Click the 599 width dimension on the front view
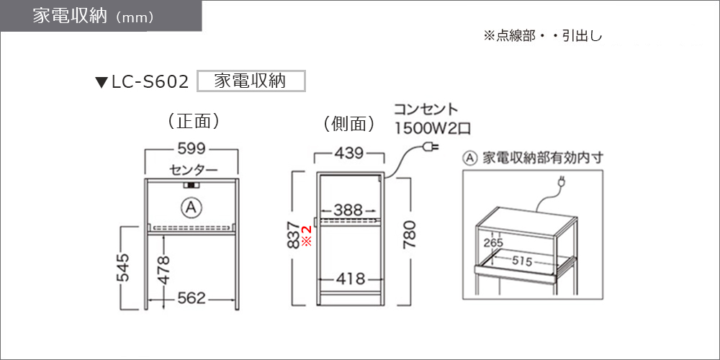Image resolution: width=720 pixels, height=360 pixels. (192, 150)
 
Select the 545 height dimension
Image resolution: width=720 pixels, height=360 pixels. (123, 268)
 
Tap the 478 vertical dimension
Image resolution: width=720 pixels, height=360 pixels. (164, 269)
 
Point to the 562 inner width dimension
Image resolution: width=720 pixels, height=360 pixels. (192, 299)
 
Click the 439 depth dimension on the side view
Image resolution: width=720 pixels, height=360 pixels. (348, 153)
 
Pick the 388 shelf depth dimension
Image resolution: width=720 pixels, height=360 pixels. (348, 211)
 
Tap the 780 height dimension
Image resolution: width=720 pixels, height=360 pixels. (410, 234)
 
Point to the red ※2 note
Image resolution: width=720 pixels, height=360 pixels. (306, 235)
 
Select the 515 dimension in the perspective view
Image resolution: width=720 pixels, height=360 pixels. (522, 262)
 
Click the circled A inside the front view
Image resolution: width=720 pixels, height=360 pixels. (192, 209)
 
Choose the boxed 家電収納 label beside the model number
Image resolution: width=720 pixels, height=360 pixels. (251, 81)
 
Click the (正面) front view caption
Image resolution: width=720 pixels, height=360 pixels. (192, 121)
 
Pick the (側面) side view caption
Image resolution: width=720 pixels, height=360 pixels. (349, 123)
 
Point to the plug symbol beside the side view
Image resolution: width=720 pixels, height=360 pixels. (432, 148)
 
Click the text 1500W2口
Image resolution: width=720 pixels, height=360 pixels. (432, 128)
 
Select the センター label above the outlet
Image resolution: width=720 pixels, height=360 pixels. (193, 171)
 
